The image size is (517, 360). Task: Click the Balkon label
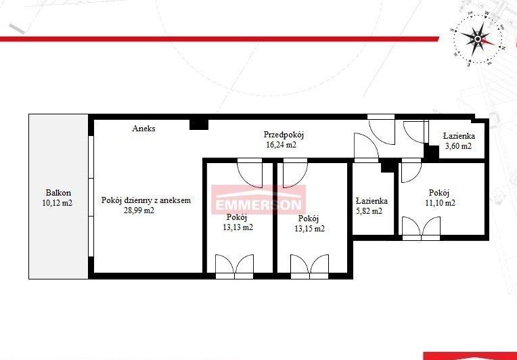click(x=58, y=193)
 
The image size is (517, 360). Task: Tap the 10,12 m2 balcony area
click(x=58, y=203)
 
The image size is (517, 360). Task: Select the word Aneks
click(x=143, y=129)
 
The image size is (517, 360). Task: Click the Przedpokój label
click(x=284, y=135)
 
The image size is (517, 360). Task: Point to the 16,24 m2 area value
click(x=281, y=144)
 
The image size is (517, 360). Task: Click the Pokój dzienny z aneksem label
click(x=146, y=200)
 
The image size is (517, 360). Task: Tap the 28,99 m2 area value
click(x=139, y=210)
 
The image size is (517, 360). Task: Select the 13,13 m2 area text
click(x=238, y=227)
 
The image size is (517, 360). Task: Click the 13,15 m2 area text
click(x=309, y=229)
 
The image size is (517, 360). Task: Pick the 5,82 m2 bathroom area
click(x=369, y=211)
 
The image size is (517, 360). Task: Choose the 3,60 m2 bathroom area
click(x=458, y=146)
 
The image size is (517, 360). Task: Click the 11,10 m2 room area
click(x=440, y=203)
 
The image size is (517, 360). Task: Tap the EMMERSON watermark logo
click(x=258, y=200)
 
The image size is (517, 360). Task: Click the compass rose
click(x=478, y=39)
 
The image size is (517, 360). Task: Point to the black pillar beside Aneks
click(x=199, y=125)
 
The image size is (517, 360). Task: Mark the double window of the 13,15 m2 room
click(x=309, y=267)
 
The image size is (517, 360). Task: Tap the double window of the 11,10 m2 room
click(x=421, y=228)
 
